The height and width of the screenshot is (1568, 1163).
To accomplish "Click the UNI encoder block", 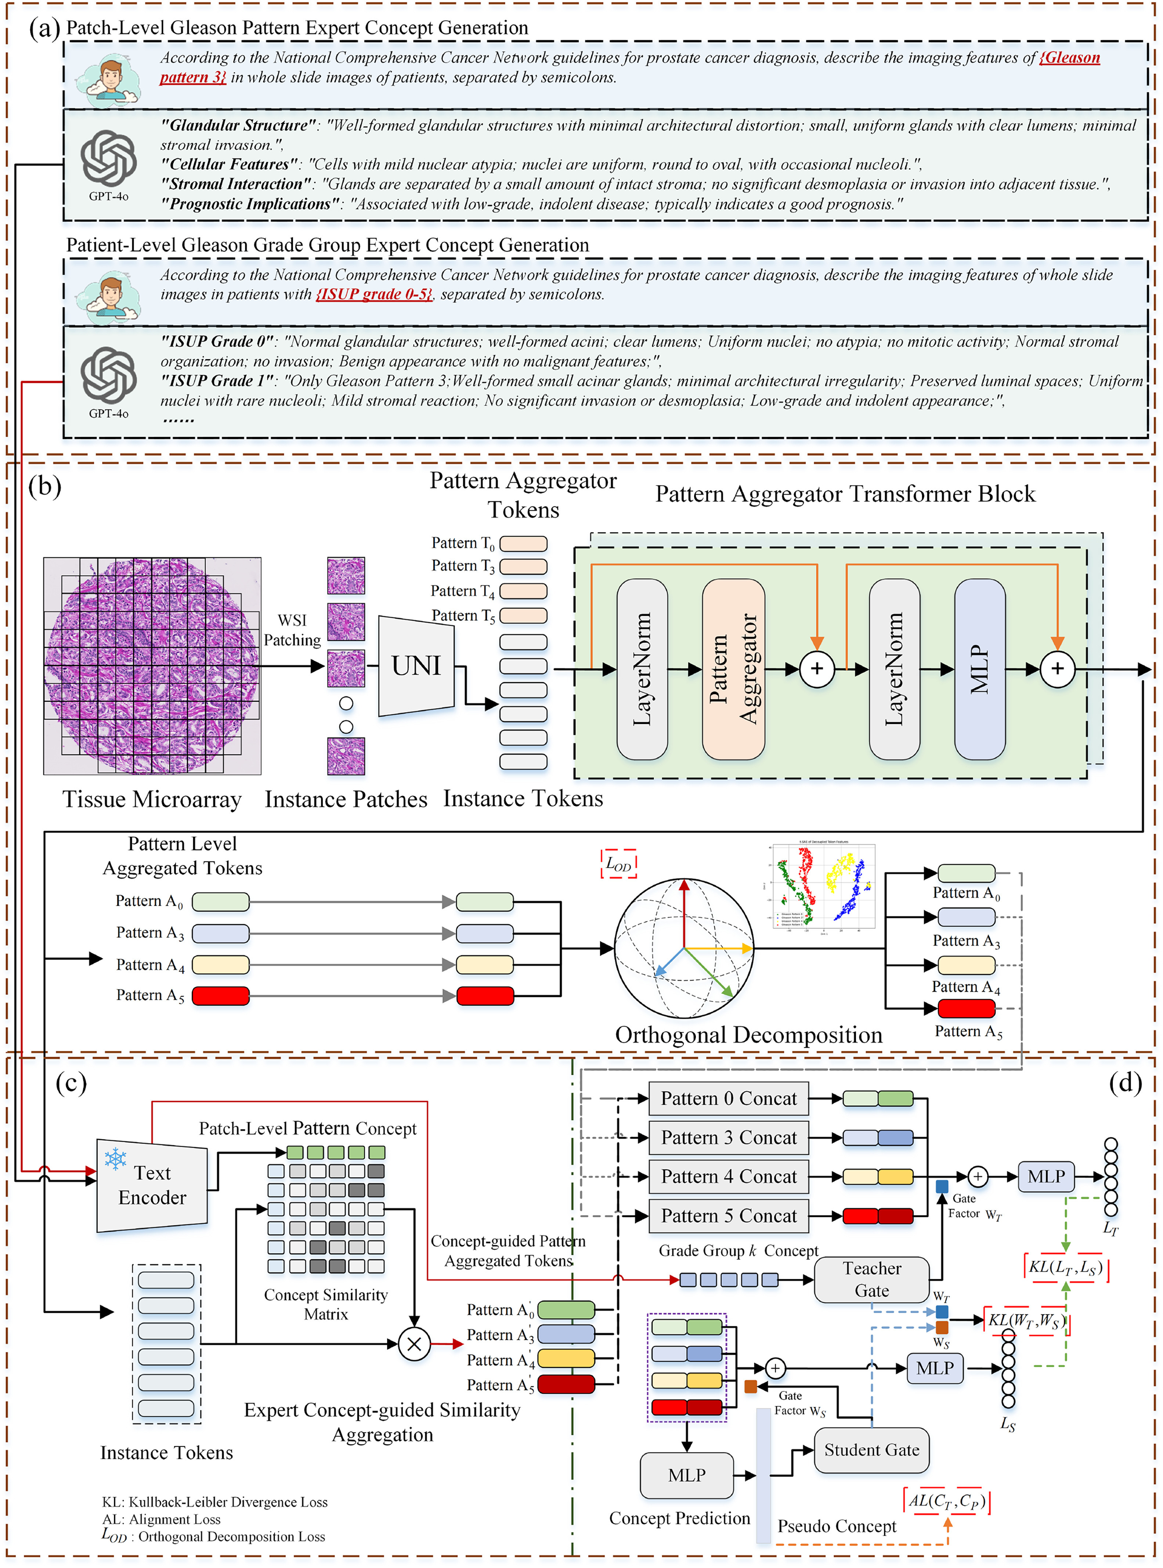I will pos(416,665).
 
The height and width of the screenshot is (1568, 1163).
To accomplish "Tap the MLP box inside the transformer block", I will pos(979,669).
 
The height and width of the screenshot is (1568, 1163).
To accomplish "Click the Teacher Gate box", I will pos(871,1279).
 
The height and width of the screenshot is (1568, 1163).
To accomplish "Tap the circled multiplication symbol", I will pos(414,1343).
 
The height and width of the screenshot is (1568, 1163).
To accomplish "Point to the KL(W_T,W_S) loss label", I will pos(1024,1320).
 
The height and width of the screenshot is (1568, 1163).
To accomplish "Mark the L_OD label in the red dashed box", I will pos(618,864).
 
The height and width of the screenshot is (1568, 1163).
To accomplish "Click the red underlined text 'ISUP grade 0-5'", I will pos(374,294).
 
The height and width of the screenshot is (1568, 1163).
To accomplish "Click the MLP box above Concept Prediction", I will pos(686,1475).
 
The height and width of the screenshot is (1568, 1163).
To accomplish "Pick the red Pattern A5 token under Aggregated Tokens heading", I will pos(220,996).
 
